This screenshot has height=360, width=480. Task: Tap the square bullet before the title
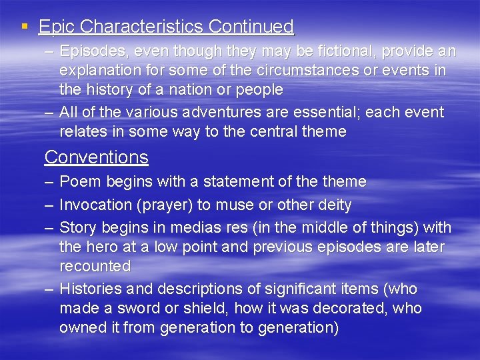tap(25, 27)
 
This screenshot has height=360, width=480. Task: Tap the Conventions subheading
tap(96, 157)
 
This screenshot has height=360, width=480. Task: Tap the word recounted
tap(95, 266)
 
